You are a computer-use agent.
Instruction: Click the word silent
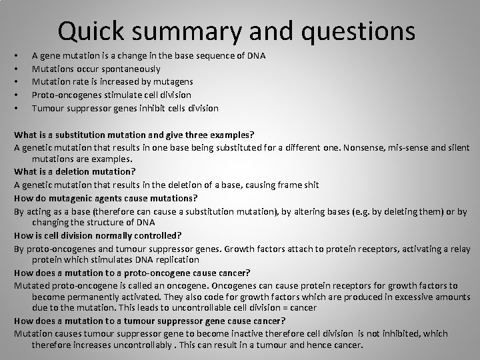[458, 147]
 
